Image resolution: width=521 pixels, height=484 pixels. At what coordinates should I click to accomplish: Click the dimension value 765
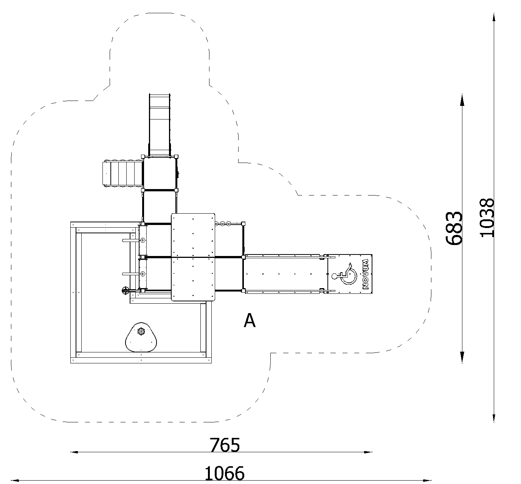click(x=225, y=445)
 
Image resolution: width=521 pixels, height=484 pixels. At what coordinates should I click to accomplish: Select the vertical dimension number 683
click(x=454, y=228)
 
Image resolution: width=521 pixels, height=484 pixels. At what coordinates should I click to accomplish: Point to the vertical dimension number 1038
click(x=487, y=217)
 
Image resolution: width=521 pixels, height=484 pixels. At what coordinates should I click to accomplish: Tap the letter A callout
click(x=250, y=320)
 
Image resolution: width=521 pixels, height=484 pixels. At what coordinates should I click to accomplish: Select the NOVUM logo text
click(x=366, y=274)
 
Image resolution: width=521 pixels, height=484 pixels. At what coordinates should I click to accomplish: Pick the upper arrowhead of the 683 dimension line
click(x=462, y=100)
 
